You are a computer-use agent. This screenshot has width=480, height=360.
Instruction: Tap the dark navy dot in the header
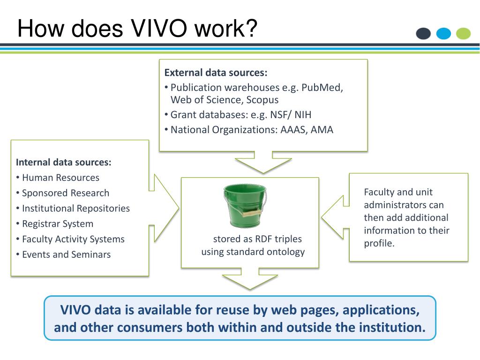(x=423, y=34)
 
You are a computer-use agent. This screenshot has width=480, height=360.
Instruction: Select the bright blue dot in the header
(x=443, y=34)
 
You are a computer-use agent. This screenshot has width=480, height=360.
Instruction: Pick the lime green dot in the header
(x=464, y=34)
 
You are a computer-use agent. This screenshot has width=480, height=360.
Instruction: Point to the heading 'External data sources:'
(x=216, y=73)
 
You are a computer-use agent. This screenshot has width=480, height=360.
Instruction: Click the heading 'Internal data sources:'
(x=64, y=162)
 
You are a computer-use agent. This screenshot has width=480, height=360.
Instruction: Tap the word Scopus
(x=263, y=100)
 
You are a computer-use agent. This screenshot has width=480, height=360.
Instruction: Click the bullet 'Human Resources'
(x=60, y=178)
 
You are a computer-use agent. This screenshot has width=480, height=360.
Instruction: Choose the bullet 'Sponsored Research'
(x=66, y=193)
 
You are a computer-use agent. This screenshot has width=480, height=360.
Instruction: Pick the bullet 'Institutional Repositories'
(x=76, y=208)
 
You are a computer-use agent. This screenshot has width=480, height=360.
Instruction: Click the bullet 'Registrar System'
(x=58, y=224)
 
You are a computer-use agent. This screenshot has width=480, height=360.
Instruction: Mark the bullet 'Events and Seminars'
(x=66, y=255)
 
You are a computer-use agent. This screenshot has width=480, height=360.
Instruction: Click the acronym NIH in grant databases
(x=303, y=115)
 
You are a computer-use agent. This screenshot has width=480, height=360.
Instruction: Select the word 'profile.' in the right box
(x=379, y=243)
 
